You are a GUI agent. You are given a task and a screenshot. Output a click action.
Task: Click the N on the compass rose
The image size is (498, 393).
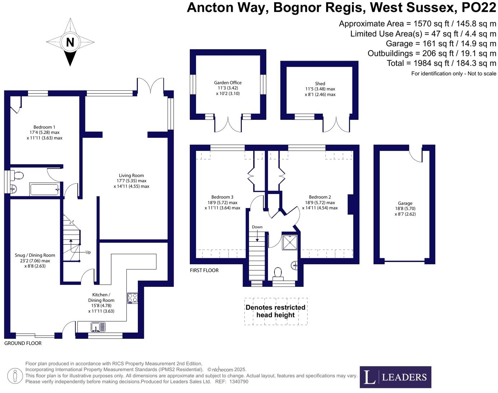point(70,42)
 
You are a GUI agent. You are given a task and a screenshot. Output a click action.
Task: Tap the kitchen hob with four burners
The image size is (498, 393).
point(132,298)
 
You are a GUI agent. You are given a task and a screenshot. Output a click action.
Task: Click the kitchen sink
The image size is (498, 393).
point(98,327)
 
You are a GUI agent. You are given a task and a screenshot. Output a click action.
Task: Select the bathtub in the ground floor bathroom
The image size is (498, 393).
point(44,189)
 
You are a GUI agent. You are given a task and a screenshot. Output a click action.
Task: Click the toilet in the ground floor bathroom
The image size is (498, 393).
point(18,176)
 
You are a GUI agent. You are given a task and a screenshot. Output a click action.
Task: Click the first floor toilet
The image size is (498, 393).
point(278,273)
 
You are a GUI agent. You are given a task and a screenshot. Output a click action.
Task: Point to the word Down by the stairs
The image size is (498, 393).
point(257,227)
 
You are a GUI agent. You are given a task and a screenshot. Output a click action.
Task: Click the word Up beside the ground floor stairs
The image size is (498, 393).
point(88,252)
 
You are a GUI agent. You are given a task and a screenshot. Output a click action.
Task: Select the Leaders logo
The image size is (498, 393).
point(395,377)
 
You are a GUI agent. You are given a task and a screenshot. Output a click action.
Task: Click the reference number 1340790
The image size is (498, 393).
point(239,382)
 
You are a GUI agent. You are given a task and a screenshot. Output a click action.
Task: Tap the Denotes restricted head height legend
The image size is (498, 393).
point(276,311)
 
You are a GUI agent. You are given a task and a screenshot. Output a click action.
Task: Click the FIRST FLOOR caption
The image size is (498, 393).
point(204,270)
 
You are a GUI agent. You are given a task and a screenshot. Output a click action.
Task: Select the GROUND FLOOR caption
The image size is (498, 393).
point(23,343)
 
